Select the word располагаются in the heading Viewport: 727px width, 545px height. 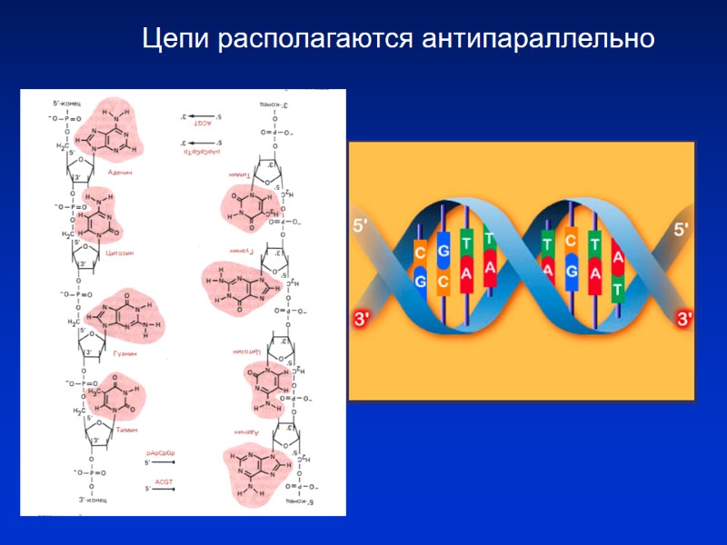pyautogui.click(x=314, y=40)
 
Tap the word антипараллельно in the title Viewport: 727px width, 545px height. pyautogui.click(x=537, y=40)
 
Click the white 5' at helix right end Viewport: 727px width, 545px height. pyautogui.click(x=682, y=229)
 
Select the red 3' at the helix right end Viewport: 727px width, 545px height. pyautogui.click(x=684, y=319)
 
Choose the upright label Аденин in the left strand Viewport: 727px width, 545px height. pyautogui.click(x=121, y=171)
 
